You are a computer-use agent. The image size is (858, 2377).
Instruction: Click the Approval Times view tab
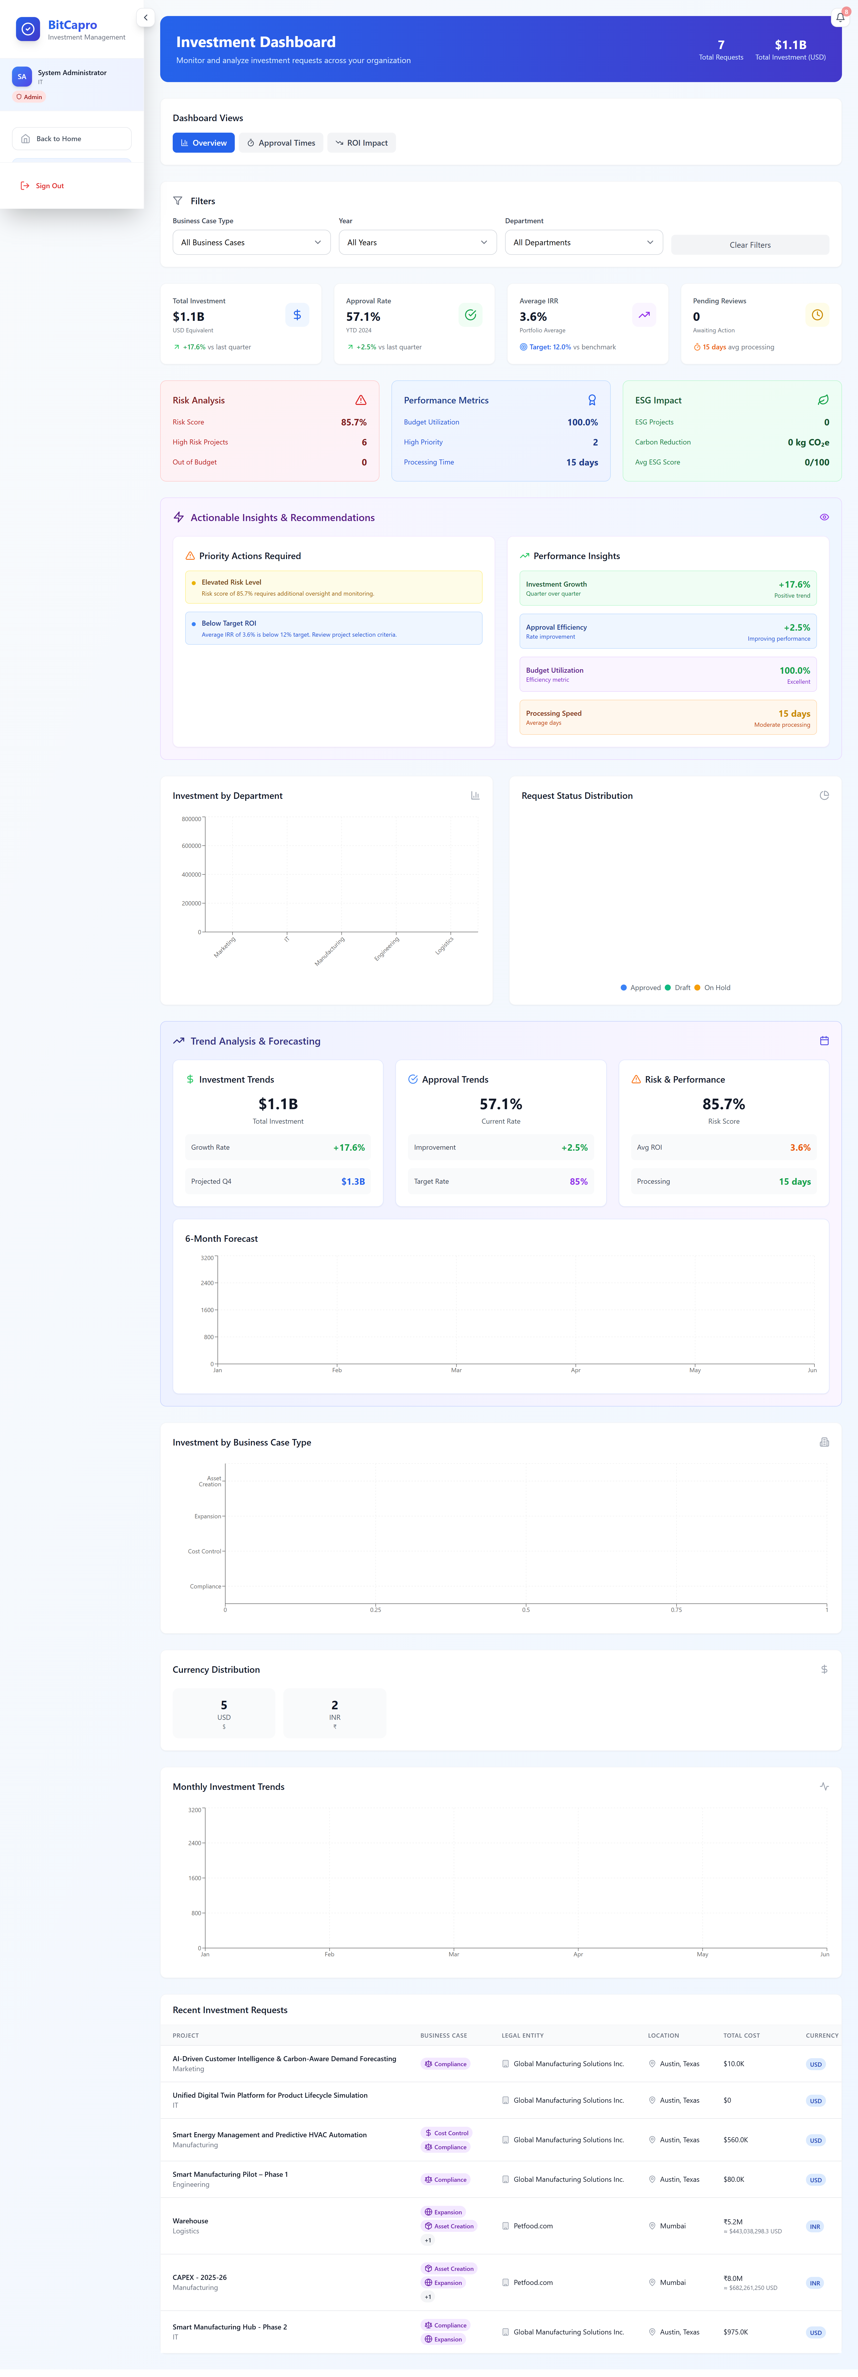point(281,143)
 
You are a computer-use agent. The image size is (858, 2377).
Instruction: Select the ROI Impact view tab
point(362,143)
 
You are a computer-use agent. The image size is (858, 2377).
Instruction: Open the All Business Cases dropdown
point(251,243)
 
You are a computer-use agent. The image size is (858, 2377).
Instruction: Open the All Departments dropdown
point(583,243)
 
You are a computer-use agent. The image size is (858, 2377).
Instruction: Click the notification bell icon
point(839,18)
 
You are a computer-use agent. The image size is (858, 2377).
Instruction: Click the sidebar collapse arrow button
point(145,18)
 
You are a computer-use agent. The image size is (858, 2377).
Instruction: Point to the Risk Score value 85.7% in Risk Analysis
point(353,423)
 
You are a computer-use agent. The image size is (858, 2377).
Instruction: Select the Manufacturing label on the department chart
point(329,950)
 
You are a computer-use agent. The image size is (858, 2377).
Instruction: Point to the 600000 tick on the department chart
point(191,846)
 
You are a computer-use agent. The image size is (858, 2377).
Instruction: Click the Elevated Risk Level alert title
point(232,582)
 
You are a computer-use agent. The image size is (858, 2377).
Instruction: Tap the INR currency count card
point(334,1713)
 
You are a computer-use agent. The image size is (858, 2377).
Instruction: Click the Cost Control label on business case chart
point(204,1551)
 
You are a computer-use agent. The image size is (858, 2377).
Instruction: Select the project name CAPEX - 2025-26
point(199,2277)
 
